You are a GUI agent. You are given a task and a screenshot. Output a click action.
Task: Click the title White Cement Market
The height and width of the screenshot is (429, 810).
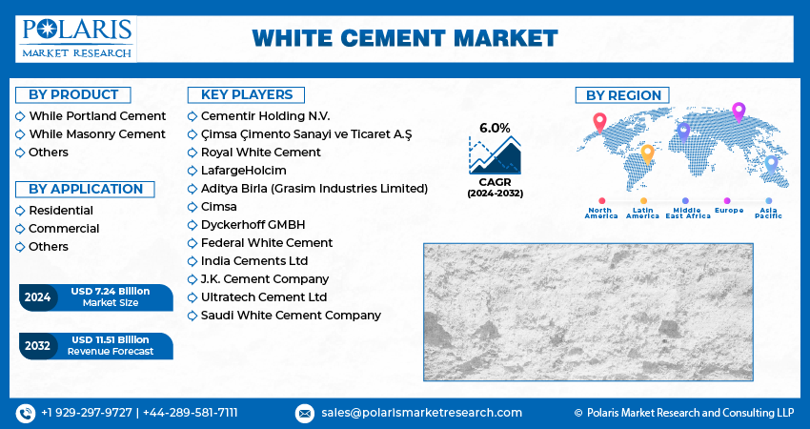[405, 38]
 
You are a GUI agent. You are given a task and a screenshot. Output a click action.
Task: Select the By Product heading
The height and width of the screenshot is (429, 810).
[73, 94]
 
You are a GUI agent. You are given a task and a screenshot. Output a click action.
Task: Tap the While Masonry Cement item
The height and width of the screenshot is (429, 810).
[97, 133]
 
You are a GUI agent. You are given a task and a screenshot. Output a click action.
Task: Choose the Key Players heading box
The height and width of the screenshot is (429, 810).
[246, 94]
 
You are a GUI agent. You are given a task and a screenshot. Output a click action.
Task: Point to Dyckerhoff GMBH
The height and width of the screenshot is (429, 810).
[253, 225]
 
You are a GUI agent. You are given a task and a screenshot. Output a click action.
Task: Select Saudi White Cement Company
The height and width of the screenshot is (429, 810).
[291, 316]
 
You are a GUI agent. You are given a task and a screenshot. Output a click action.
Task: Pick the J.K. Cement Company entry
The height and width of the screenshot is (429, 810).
[265, 279]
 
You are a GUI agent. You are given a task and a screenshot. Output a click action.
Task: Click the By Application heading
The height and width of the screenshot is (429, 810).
[86, 189]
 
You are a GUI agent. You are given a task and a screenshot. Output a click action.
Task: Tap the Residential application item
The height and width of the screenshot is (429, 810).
[61, 210]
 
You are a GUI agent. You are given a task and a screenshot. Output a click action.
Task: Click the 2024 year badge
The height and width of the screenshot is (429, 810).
[37, 297]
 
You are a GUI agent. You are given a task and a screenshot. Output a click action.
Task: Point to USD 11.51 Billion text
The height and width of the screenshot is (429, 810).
[111, 339]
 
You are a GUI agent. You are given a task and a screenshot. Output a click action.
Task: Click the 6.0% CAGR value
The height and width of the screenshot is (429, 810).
[495, 128]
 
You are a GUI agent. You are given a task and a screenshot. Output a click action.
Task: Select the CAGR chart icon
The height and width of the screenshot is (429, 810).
[495, 155]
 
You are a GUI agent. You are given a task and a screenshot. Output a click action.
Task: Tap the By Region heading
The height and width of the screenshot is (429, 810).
[623, 95]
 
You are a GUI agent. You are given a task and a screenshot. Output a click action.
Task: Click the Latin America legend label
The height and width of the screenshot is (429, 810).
[643, 214]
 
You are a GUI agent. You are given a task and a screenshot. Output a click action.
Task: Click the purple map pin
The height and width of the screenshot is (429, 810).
[738, 112]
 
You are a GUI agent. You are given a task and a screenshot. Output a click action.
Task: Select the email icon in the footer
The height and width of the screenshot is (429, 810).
[305, 413]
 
